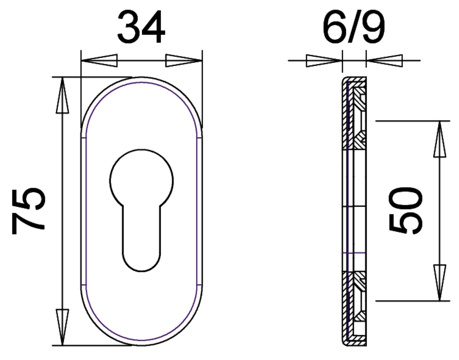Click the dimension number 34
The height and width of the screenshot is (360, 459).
tap(141, 27)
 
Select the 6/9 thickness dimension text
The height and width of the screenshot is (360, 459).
tap(354, 27)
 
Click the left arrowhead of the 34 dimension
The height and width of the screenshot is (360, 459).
tap(99, 61)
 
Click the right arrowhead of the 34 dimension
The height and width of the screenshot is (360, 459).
tap(184, 61)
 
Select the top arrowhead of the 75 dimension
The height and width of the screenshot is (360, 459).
tap(62, 95)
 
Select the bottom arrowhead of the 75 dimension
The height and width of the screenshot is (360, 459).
tap(62, 327)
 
